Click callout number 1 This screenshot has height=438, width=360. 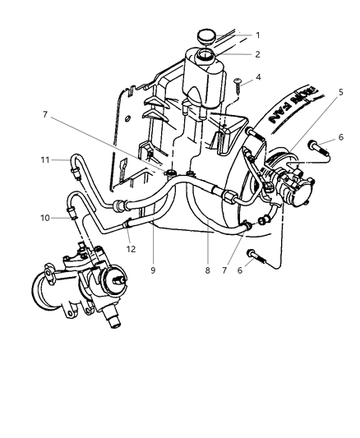point(257,35)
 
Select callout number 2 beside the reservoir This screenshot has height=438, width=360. point(257,54)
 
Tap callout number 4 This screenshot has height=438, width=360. point(257,79)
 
